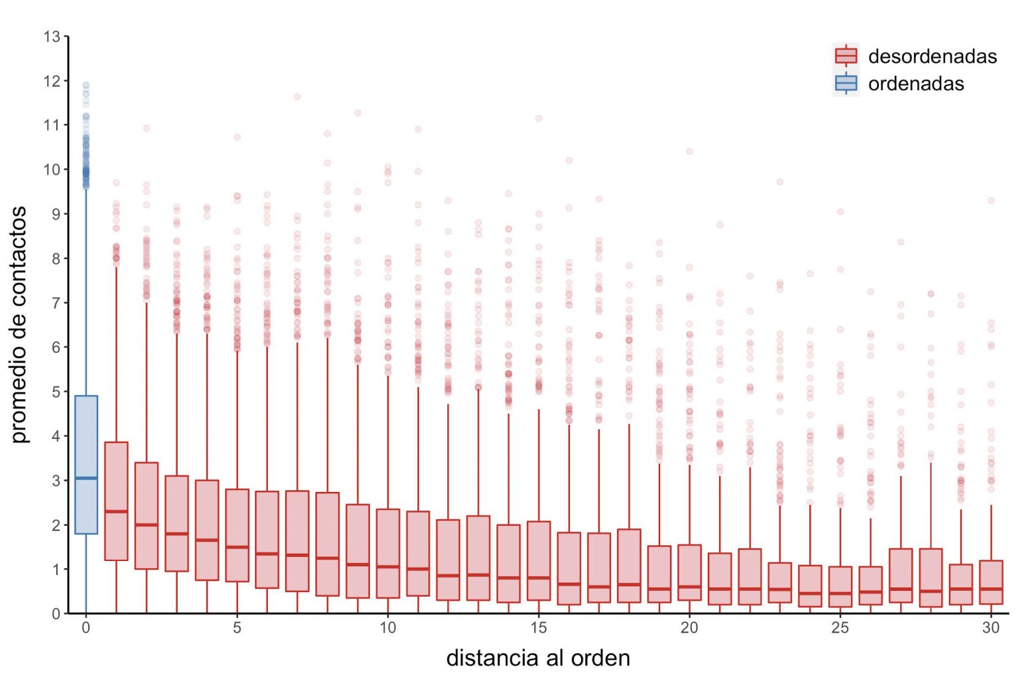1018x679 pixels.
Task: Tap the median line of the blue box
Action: click(x=86, y=478)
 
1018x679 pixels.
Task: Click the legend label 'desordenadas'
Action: click(x=932, y=56)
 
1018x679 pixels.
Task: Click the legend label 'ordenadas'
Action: click(x=915, y=84)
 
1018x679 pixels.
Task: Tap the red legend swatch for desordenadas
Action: click(x=846, y=56)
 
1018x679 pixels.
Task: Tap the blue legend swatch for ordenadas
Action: click(x=846, y=83)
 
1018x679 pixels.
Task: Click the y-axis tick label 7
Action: click(x=56, y=302)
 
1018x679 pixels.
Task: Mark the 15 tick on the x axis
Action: click(x=539, y=627)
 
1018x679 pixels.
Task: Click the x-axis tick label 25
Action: click(x=840, y=627)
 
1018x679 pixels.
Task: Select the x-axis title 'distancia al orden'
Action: click(x=537, y=658)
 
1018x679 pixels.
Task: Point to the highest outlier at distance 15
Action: click(x=539, y=119)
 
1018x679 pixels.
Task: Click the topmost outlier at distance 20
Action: click(x=689, y=151)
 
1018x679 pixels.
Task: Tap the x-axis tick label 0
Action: click(x=86, y=627)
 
